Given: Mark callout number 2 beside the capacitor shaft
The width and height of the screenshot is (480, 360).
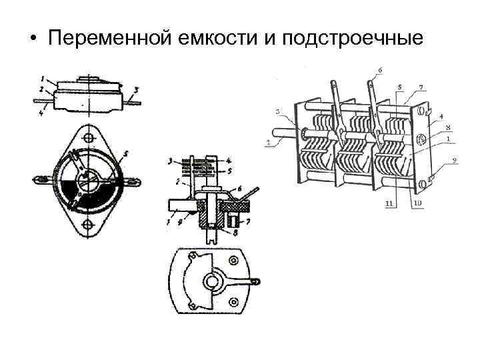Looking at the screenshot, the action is [268, 142].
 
